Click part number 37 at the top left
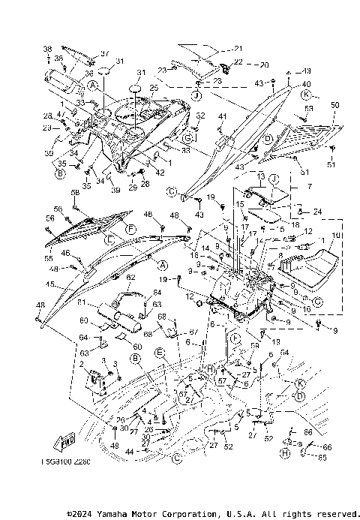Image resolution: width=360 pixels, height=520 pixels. click(x=105, y=53)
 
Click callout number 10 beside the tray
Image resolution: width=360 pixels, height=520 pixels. click(x=336, y=236)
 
